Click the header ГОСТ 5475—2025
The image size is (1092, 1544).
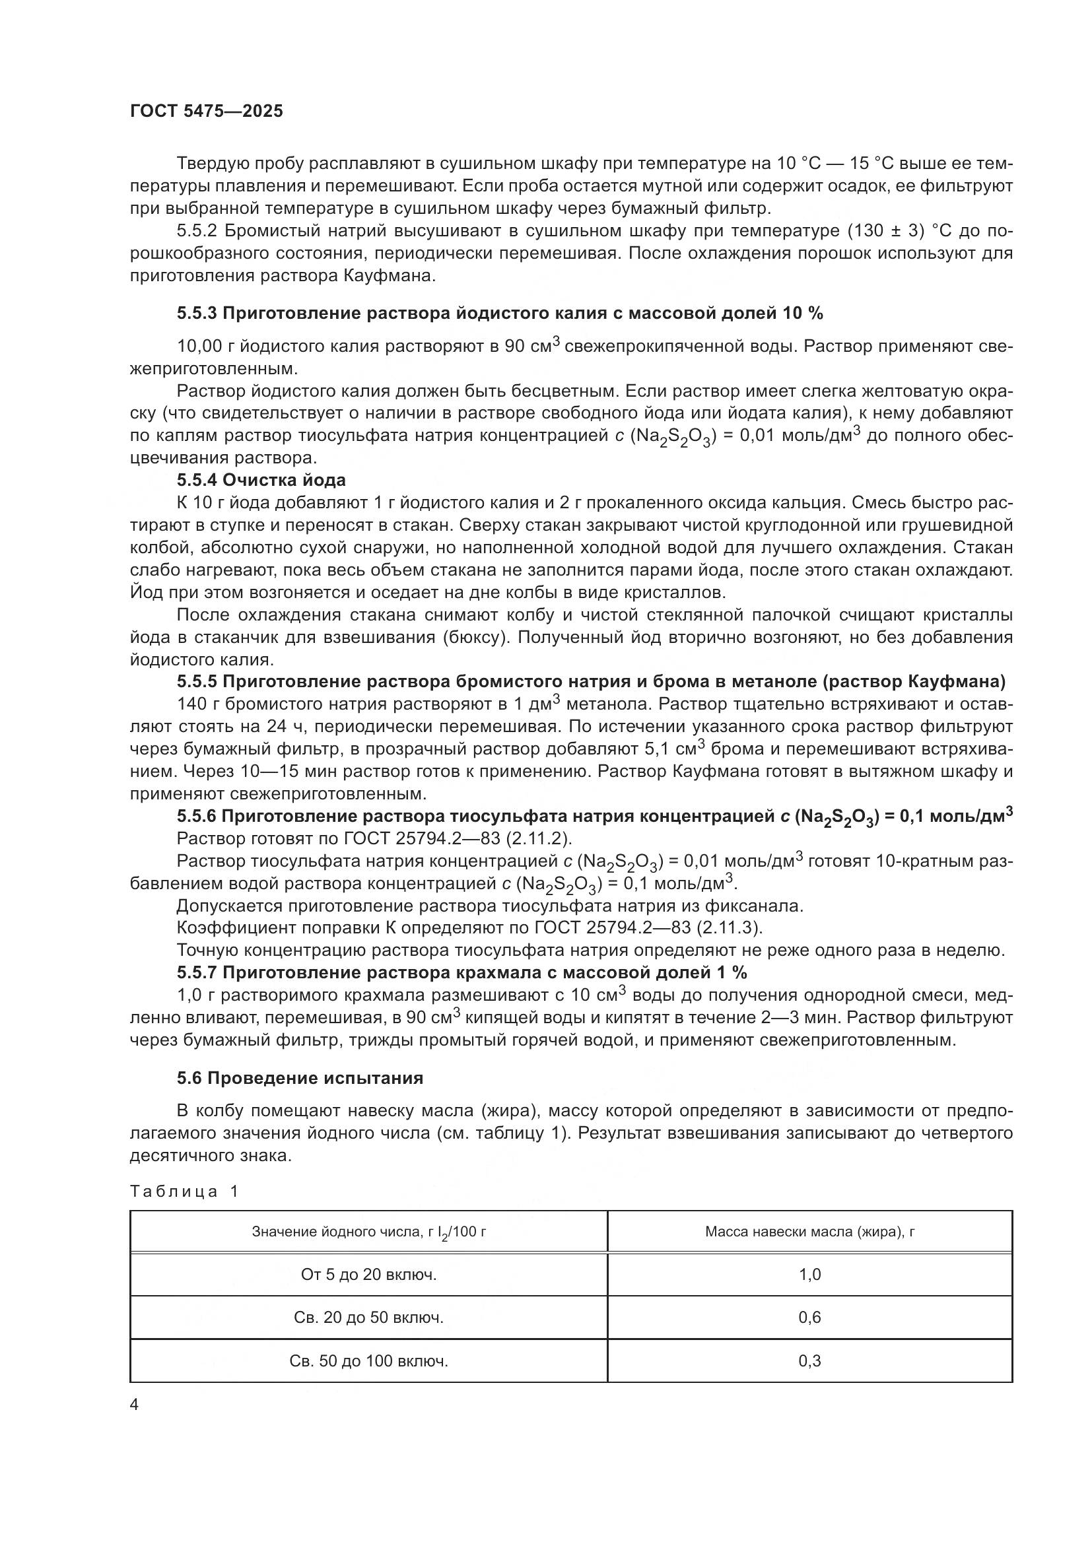[207, 112]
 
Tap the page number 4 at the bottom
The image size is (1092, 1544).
[134, 1405]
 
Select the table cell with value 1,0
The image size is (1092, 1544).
[809, 1274]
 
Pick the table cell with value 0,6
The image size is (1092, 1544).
[809, 1318]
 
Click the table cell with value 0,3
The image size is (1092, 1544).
[809, 1361]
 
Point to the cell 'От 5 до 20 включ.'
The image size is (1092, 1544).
[368, 1274]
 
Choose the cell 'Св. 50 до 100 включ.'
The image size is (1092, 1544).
[368, 1361]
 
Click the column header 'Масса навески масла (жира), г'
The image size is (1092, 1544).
[809, 1232]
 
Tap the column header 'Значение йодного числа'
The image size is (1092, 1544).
[368, 1232]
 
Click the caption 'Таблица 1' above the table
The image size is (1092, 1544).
[184, 1192]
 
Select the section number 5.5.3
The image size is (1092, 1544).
[197, 314]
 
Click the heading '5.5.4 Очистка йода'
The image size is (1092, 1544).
[261, 480]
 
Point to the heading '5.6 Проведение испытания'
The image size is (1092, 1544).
[300, 1079]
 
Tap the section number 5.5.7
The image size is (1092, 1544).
[197, 972]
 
